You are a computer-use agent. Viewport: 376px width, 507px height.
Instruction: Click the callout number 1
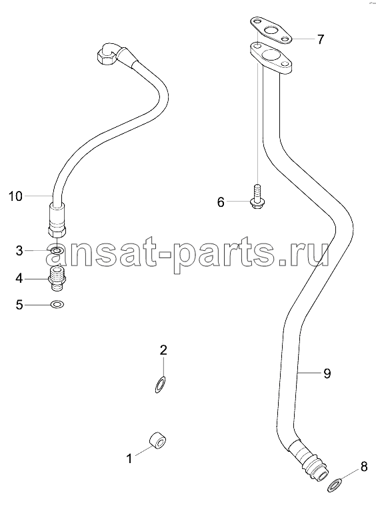tap(129, 458)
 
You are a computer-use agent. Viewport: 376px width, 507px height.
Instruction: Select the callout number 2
tap(163, 350)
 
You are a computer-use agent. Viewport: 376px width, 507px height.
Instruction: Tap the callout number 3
tap(20, 251)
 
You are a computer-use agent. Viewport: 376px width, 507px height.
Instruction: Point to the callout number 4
tap(19, 278)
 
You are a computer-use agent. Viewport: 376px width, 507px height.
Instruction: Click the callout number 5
tap(20, 305)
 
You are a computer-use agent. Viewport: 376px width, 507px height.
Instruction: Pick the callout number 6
tap(221, 202)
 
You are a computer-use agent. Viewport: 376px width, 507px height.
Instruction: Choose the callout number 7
tap(320, 39)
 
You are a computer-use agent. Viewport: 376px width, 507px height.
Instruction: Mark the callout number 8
tap(364, 466)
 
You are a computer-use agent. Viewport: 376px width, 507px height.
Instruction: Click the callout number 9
tap(327, 373)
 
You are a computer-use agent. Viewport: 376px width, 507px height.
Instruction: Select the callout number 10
tap(15, 196)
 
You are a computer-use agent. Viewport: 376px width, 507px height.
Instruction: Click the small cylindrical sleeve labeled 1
tap(158, 440)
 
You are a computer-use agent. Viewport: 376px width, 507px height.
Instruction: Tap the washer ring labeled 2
tap(160, 385)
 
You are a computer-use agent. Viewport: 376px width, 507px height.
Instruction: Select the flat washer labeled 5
tap(57, 304)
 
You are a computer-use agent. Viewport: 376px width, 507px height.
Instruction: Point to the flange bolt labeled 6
tap(257, 196)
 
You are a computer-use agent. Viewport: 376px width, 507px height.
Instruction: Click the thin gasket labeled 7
tap(270, 31)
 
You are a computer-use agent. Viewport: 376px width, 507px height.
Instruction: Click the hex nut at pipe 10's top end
tap(103, 57)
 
